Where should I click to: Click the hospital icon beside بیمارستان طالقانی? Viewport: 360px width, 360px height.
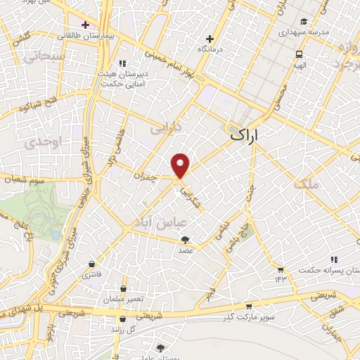[83, 33]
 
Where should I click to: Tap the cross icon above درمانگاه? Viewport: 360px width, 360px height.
[209, 39]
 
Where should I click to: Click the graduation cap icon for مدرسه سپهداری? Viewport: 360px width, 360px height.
[303, 22]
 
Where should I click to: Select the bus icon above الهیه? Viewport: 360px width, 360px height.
[300, 53]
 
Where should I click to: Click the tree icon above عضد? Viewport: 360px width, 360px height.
[186, 240]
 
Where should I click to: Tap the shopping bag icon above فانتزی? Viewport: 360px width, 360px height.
[91, 265]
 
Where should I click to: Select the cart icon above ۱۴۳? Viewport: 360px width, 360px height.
[281, 270]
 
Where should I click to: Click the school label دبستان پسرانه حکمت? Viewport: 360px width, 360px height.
[328, 270]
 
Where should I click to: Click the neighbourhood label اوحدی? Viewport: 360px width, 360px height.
[34, 143]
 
